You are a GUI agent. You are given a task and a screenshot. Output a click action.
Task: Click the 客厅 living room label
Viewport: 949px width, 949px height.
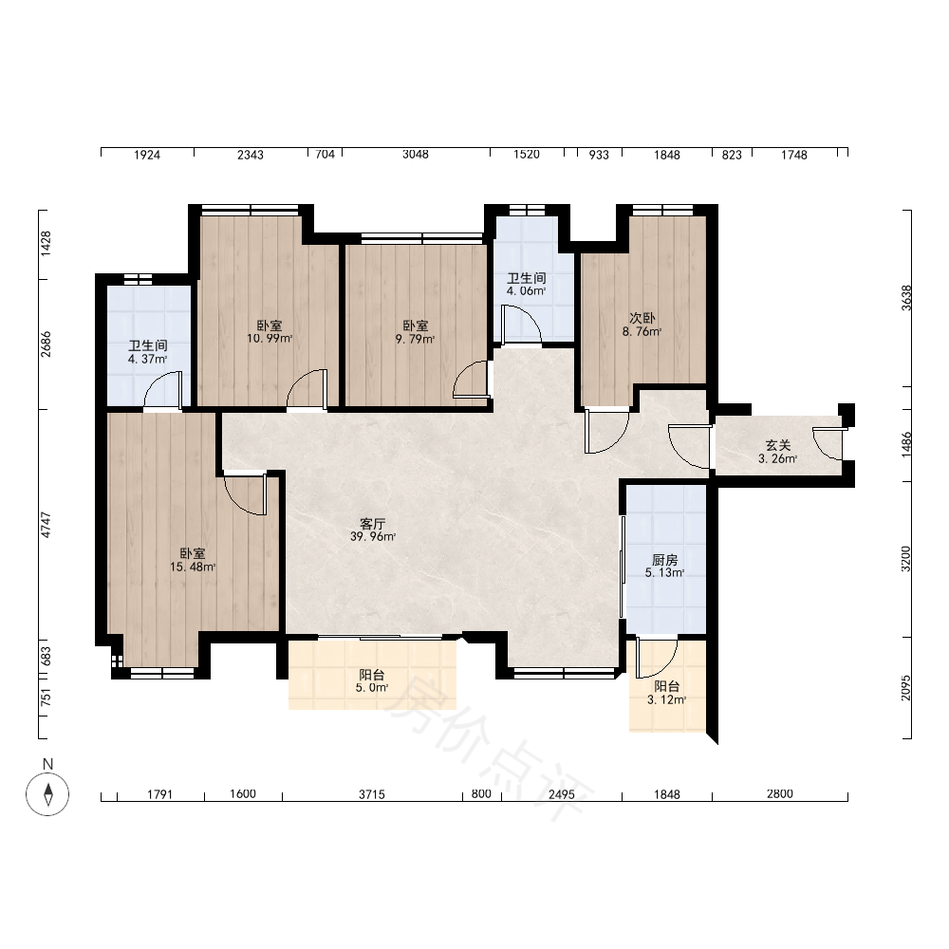click(372, 524)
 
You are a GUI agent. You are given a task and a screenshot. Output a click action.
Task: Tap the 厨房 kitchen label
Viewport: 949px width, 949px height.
click(664, 560)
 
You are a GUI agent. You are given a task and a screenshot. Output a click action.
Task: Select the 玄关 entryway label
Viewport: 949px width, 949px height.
click(778, 445)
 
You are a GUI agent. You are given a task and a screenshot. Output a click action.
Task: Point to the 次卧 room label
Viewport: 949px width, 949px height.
click(642, 318)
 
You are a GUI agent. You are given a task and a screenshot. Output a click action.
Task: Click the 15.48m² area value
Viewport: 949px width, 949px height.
click(193, 568)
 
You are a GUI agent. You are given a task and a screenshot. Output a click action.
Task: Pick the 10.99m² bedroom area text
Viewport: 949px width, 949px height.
click(270, 339)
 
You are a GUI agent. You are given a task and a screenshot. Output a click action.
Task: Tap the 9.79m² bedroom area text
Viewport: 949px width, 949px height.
click(416, 339)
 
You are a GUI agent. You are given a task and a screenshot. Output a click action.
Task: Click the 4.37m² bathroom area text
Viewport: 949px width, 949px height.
click(148, 359)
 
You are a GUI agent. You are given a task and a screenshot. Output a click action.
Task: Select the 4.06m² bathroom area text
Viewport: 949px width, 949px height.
click(527, 290)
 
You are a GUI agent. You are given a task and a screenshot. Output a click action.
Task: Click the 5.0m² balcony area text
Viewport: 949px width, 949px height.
click(372, 687)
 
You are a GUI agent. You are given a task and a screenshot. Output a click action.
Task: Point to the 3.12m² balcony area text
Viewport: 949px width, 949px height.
click(666, 700)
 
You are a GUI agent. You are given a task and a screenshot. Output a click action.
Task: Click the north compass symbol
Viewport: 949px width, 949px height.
click(47, 794)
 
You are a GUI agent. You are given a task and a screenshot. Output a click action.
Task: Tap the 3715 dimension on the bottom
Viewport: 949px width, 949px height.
click(372, 794)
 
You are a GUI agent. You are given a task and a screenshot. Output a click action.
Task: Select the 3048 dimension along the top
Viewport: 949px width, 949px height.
click(416, 155)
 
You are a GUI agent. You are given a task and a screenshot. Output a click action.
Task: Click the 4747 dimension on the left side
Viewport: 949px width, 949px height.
click(46, 525)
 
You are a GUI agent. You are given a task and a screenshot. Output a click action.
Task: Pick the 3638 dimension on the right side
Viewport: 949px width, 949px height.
click(906, 298)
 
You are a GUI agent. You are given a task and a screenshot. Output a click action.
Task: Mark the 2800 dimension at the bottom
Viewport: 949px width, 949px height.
click(779, 793)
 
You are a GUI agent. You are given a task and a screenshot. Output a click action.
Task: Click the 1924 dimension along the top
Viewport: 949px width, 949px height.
click(146, 155)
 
